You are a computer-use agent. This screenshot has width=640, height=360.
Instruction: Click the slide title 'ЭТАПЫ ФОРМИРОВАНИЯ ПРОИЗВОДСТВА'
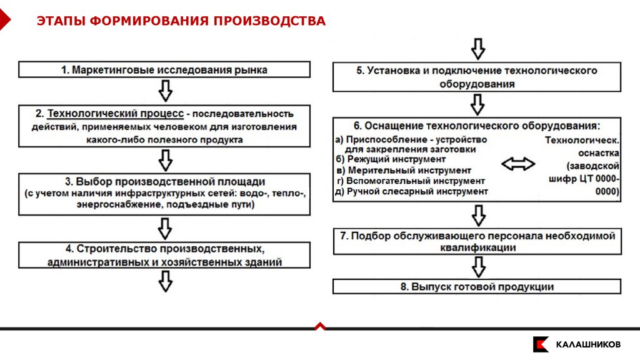pyautogui.click(x=181, y=21)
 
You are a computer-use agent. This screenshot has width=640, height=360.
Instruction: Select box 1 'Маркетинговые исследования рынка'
pyautogui.click(x=164, y=69)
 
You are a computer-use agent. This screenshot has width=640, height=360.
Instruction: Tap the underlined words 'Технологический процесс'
pyautogui.click(x=116, y=114)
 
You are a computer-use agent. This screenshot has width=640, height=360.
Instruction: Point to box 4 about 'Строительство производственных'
pyautogui.click(x=164, y=255)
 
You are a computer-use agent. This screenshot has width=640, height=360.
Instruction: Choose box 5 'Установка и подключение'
pyautogui.click(x=476, y=77)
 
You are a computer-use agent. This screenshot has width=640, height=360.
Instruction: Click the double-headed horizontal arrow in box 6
pyautogui.click(x=518, y=164)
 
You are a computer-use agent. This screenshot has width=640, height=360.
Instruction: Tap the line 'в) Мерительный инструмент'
pyautogui.click(x=403, y=170)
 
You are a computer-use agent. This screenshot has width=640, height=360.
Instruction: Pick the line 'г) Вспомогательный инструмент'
pyautogui.click(x=410, y=181)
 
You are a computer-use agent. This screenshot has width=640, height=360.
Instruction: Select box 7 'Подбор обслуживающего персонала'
pyautogui.click(x=476, y=241)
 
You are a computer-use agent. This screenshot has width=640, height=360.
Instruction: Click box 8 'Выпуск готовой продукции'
pyautogui.click(x=476, y=286)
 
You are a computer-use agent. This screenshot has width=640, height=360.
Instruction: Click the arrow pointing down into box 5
pyautogui.click(x=477, y=48)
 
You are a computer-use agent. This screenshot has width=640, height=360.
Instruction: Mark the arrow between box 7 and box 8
pyautogui.click(x=477, y=266)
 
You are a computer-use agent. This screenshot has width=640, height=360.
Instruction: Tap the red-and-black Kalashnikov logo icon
pyautogui.click(x=541, y=344)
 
